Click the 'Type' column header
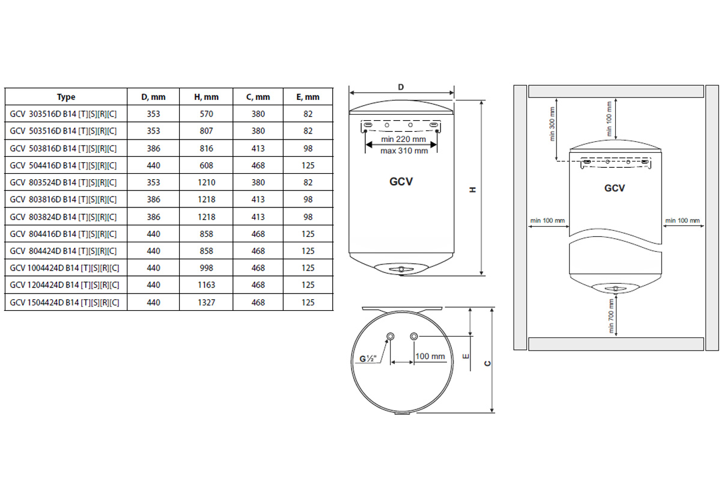click(66, 97)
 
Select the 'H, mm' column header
click(206, 97)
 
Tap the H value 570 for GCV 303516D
click(206, 114)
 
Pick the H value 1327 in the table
click(206, 302)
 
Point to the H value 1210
click(206, 183)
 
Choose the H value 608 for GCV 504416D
click(206, 165)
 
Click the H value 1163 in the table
click(206, 285)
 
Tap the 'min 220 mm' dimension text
click(403, 139)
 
